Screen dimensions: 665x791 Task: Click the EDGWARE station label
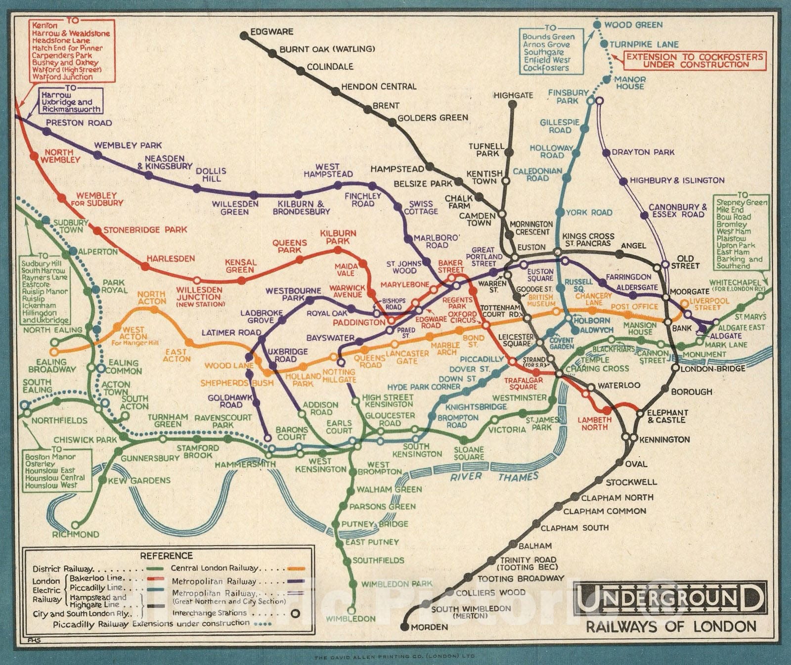click(271, 32)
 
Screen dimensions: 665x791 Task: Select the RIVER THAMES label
click(493, 477)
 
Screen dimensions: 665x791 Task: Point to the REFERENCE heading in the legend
click(166, 556)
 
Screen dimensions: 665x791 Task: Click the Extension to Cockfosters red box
click(695, 60)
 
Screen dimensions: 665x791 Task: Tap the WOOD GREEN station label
click(633, 25)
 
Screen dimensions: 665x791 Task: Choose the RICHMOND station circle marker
click(75, 525)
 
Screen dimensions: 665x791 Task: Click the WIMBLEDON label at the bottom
click(351, 619)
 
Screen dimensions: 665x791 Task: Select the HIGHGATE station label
click(513, 95)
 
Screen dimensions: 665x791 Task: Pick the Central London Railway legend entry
click(215, 568)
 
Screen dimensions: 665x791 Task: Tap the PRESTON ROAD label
click(79, 123)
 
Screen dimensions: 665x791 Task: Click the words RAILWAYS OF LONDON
click(671, 626)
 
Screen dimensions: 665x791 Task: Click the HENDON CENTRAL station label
click(379, 87)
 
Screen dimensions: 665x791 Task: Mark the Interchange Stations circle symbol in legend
click(295, 613)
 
